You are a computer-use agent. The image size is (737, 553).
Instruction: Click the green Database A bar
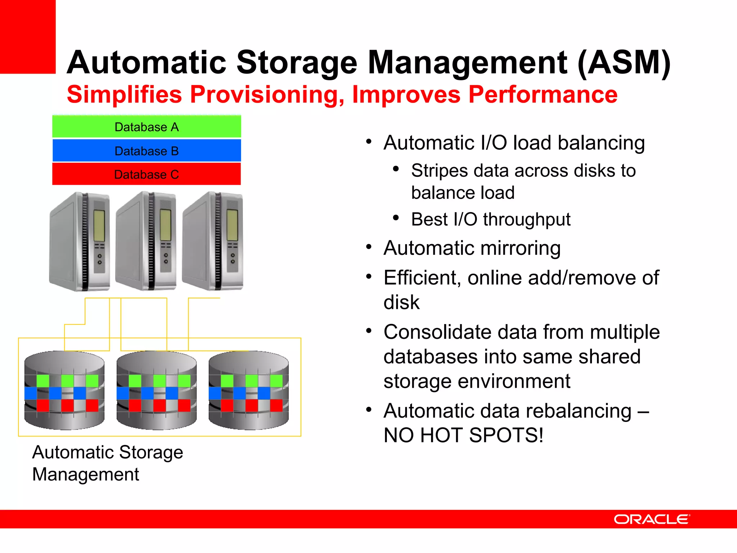tap(146, 127)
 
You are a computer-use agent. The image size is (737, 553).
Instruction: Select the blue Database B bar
tap(146, 150)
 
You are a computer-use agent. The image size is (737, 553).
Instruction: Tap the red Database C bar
tap(146, 174)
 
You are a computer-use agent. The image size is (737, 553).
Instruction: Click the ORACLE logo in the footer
tap(651, 519)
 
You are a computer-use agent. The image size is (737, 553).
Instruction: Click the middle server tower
tap(146, 241)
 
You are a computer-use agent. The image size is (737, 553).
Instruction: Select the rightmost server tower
tap(213, 241)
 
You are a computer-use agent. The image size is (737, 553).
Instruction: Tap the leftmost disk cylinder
tap(64, 391)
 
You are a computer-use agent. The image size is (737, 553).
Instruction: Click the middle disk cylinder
tap(157, 391)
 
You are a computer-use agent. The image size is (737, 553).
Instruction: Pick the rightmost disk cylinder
tap(249, 391)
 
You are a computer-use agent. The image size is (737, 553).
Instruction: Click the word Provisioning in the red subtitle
tap(266, 95)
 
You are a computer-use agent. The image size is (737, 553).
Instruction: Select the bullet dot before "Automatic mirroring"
tap(368, 247)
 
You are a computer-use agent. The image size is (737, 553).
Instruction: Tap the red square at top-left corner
tap(28, 36)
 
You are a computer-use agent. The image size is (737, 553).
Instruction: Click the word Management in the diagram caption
tap(86, 475)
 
